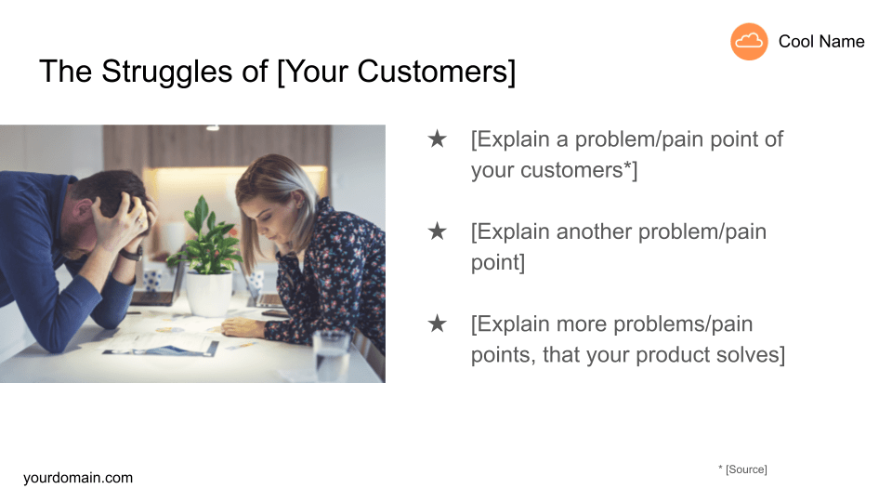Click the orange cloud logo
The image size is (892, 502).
click(x=749, y=42)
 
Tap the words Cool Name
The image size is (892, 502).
click(x=820, y=42)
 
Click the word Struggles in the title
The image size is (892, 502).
click(x=166, y=73)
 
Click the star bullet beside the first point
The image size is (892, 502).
click(x=437, y=139)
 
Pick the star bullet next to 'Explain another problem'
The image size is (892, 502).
click(x=437, y=231)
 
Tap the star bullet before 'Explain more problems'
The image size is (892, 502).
click(x=437, y=324)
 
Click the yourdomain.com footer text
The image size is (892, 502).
click(x=78, y=478)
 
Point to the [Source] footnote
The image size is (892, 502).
click(x=746, y=469)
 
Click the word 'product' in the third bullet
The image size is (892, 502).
click(x=672, y=356)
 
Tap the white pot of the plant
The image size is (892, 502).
click(x=209, y=294)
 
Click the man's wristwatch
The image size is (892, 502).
click(x=132, y=253)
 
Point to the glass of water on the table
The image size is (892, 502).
click(x=331, y=356)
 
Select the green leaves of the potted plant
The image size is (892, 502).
click(x=207, y=236)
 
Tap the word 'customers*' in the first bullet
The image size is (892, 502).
click(x=576, y=170)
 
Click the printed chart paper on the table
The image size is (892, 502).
click(x=162, y=344)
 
